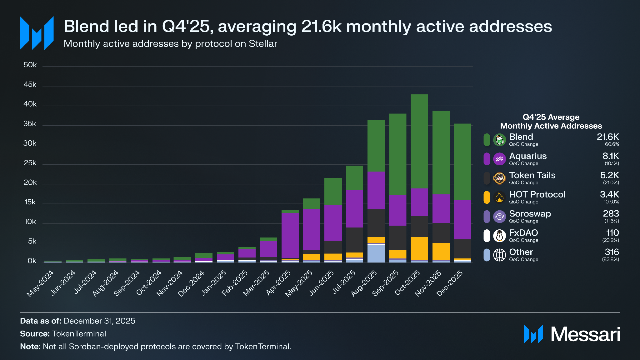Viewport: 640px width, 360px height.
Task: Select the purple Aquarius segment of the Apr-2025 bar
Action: [290, 235]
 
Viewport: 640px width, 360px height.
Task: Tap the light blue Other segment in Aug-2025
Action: [376, 253]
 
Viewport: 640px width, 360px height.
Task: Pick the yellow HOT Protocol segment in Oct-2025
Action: [419, 248]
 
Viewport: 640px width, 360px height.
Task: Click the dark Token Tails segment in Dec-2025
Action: [462, 249]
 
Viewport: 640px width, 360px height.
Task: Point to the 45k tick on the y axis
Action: [30, 85]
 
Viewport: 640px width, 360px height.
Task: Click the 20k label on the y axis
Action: [30, 182]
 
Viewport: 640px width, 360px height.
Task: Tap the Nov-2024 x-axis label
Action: [169, 283]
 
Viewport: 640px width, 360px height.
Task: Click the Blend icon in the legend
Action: [499, 140]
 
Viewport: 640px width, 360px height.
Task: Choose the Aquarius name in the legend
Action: [528, 156]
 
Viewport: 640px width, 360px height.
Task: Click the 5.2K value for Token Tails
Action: [609, 175]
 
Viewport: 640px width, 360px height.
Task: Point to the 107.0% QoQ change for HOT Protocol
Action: [611, 202]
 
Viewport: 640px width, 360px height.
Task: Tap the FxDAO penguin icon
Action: [499, 236]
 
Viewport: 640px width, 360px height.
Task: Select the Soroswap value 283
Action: [611, 213]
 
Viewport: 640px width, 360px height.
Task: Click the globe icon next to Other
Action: [499, 255]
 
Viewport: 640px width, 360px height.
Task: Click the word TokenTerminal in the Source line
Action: [79, 334]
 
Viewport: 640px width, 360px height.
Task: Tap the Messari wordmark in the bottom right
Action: [585, 334]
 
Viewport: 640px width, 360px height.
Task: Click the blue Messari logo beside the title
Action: [37, 33]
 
